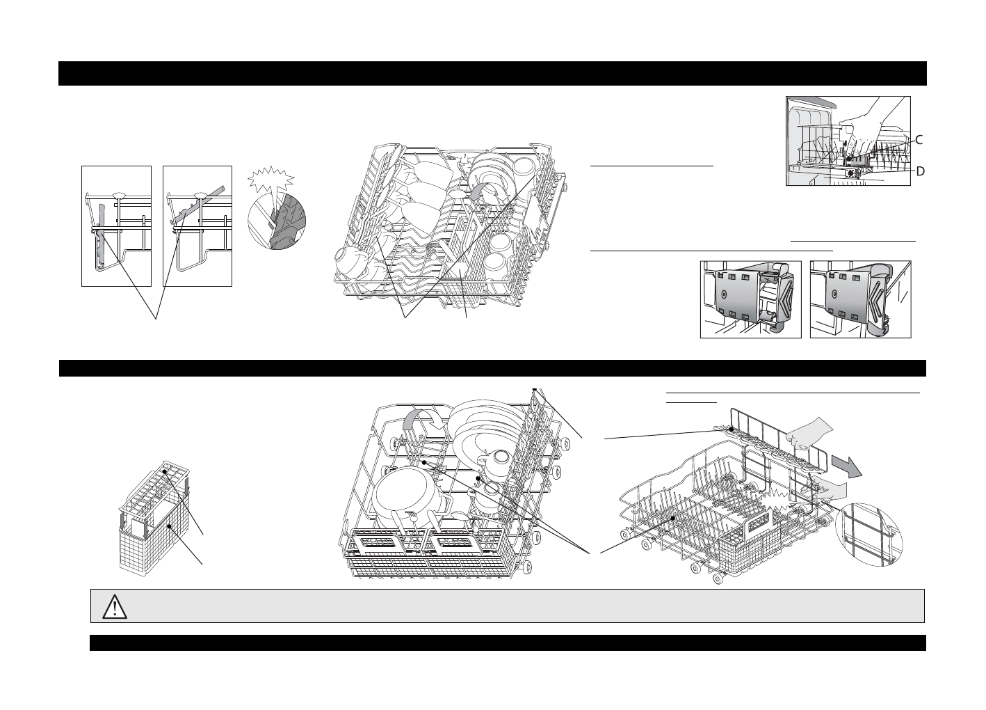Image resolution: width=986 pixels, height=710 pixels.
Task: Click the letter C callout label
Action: (x=919, y=140)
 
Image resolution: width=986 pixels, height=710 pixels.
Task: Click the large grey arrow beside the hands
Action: (x=847, y=466)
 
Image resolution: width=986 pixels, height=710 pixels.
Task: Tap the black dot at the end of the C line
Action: (x=849, y=159)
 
